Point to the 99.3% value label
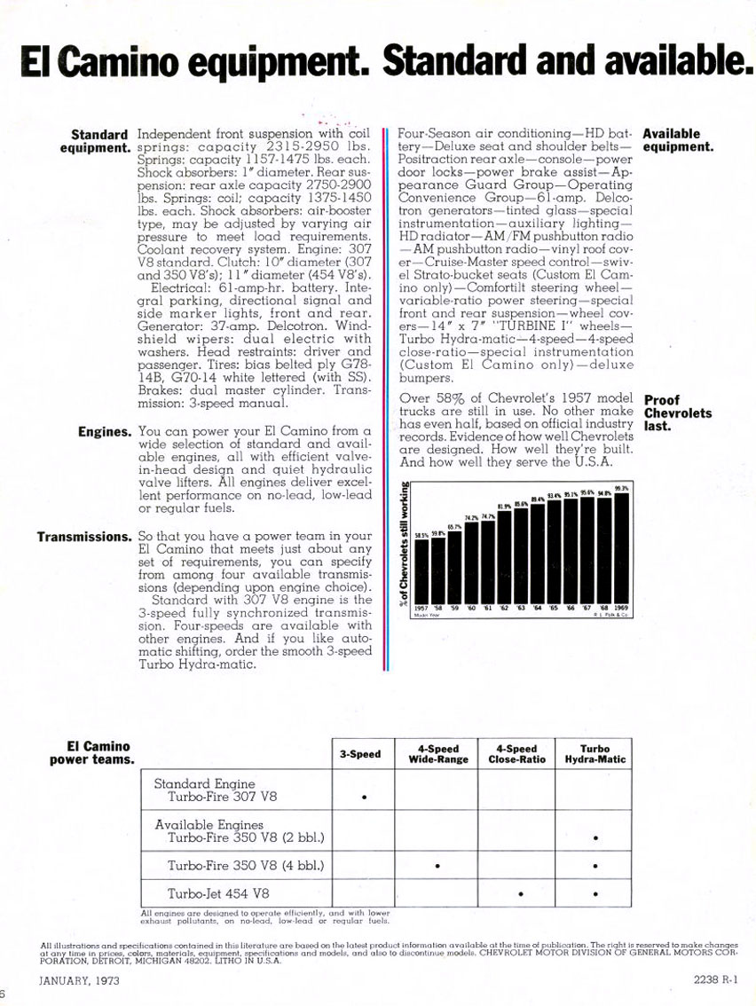pos(622,488)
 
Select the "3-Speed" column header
pos(360,754)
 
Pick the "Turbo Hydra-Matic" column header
pos(592,754)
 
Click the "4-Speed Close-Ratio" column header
pos(516,754)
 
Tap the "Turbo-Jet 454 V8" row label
pos(218,892)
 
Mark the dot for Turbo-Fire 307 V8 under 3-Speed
pos(364,798)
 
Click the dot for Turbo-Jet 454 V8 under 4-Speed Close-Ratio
pos(519,893)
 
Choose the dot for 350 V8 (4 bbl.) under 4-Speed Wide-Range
pos(437,866)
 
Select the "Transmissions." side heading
pos(84,537)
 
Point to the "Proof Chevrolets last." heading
pos(677,413)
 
